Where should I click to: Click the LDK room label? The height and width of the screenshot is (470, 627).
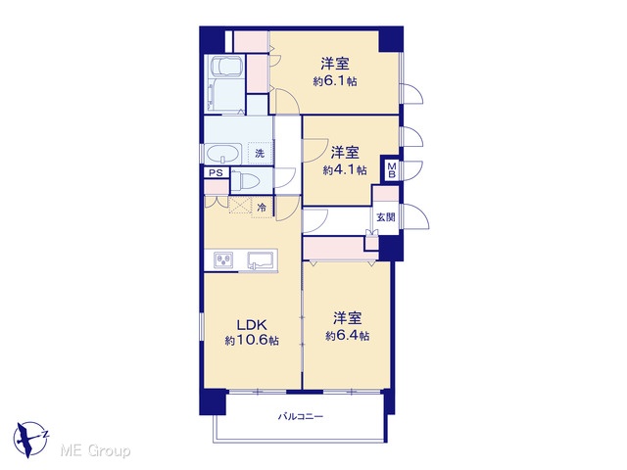[252, 324]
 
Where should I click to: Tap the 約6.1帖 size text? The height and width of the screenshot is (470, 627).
[335, 81]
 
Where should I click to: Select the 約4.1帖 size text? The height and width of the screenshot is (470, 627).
[345, 170]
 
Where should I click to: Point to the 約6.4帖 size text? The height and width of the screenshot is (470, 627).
[348, 336]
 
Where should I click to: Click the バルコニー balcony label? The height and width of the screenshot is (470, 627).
[301, 417]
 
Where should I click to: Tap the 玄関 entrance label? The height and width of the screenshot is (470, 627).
[386, 217]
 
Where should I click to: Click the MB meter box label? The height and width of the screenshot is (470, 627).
[392, 169]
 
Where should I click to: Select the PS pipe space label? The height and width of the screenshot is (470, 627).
[216, 173]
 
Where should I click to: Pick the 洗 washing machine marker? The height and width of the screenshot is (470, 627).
[260, 153]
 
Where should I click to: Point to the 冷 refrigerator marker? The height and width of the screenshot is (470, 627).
[262, 208]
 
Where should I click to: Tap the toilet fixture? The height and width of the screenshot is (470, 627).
[246, 182]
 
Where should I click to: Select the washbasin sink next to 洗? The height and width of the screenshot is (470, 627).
[223, 154]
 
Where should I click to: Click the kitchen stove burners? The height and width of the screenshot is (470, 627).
[220, 260]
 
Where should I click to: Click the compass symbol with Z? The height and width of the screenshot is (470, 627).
[29, 439]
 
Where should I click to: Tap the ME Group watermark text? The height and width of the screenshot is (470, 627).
[95, 450]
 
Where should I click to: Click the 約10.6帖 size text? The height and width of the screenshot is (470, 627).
[252, 341]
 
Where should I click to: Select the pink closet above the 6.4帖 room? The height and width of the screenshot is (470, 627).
[334, 249]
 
